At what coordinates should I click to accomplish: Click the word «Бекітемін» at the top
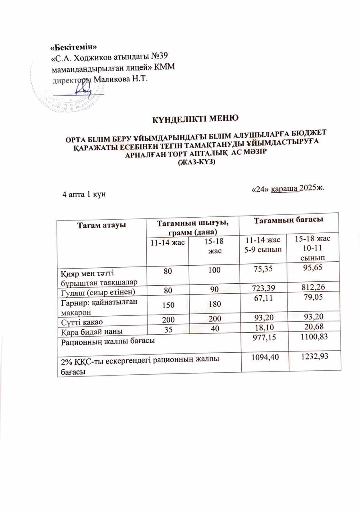tap(76, 48)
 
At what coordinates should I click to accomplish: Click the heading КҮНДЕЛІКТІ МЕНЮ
tap(195, 119)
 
